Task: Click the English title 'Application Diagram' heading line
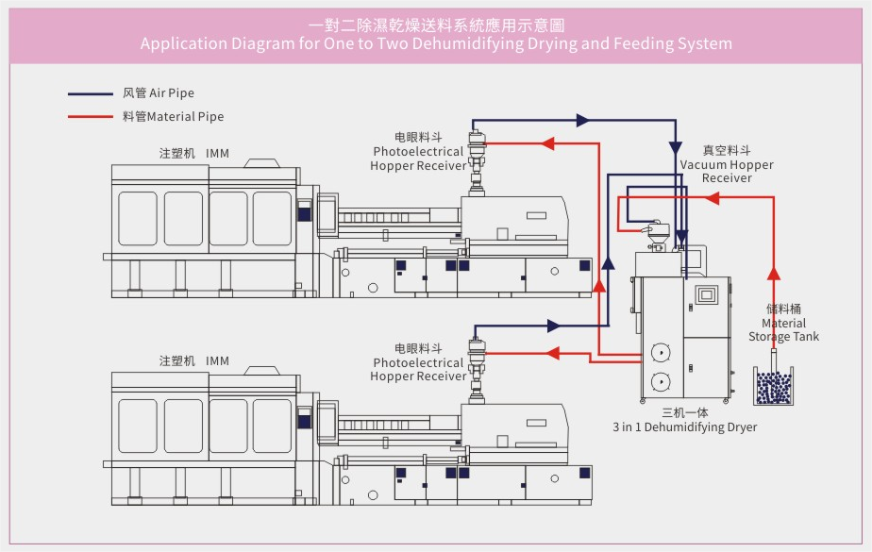[x=435, y=43]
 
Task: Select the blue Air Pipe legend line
[x=90, y=94]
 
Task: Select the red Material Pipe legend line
[x=90, y=118]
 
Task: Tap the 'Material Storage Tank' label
[x=783, y=324]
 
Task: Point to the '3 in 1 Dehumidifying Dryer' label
[x=684, y=427]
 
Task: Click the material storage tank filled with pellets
[x=774, y=387]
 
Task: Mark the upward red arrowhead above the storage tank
[x=774, y=274]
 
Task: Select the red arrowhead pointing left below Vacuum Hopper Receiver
[x=712, y=199]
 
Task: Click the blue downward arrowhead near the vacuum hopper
[x=675, y=147]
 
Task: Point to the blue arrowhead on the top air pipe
[x=582, y=121]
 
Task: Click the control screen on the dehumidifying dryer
[x=706, y=294]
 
